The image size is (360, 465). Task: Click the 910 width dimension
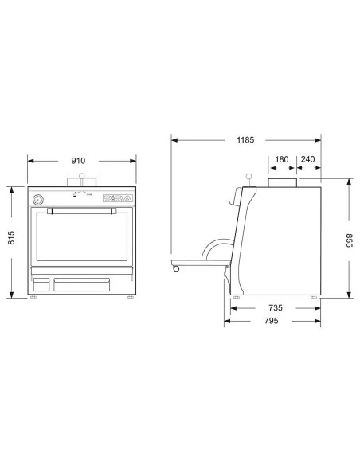click(x=78, y=160)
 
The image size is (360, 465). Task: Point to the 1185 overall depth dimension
click(x=245, y=140)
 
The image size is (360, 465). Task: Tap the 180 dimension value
click(x=282, y=159)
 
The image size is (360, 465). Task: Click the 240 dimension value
click(x=310, y=159)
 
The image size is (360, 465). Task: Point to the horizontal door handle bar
click(x=78, y=211)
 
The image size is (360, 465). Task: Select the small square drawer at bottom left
click(x=40, y=283)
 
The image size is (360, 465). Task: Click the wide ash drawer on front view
click(x=81, y=283)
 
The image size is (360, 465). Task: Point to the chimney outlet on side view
click(x=282, y=183)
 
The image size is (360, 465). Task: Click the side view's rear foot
click(x=314, y=298)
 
